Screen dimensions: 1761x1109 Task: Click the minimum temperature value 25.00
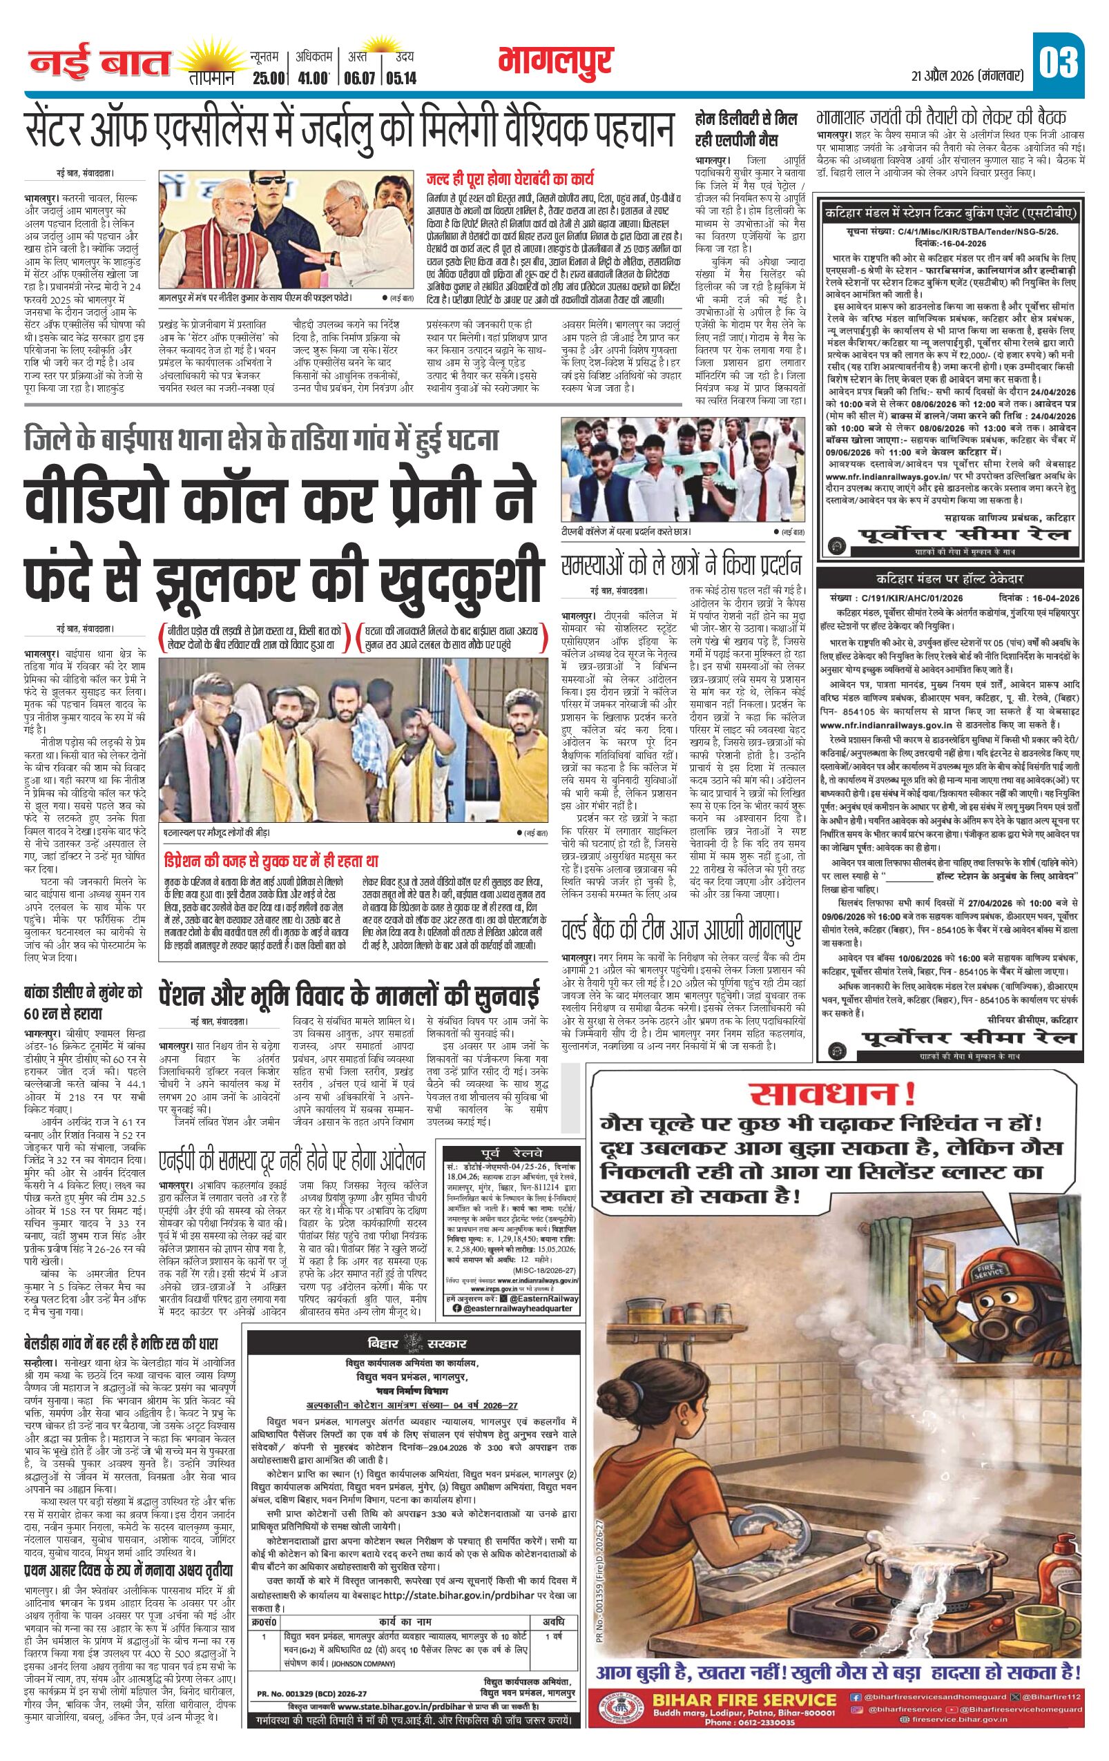click(x=266, y=77)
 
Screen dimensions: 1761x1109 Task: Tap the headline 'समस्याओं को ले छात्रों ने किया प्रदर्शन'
click(x=681, y=565)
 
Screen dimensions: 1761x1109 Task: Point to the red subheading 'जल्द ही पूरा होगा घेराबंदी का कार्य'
click(x=510, y=178)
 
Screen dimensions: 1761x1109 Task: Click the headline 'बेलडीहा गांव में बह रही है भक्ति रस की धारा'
click(x=121, y=1343)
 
